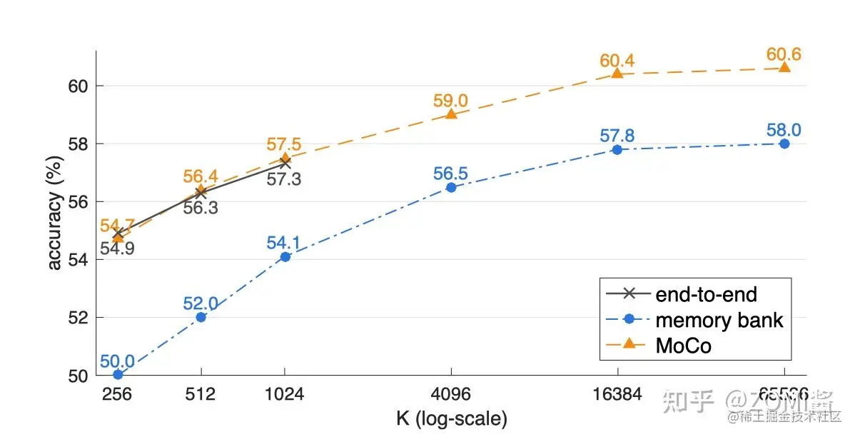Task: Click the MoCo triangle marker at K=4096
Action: (x=451, y=113)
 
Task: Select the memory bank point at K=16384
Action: (x=617, y=149)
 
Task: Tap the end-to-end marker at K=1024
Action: (x=285, y=163)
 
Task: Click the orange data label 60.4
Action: (x=617, y=60)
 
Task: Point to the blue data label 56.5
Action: (x=451, y=174)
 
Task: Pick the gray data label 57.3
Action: (x=284, y=179)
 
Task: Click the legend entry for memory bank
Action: (x=719, y=319)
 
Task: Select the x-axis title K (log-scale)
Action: (x=451, y=418)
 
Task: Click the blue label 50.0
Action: (x=117, y=361)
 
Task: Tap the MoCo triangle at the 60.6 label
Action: (x=784, y=67)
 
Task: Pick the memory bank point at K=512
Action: (x=201, y=317)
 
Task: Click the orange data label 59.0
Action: (x=451, y=100)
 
